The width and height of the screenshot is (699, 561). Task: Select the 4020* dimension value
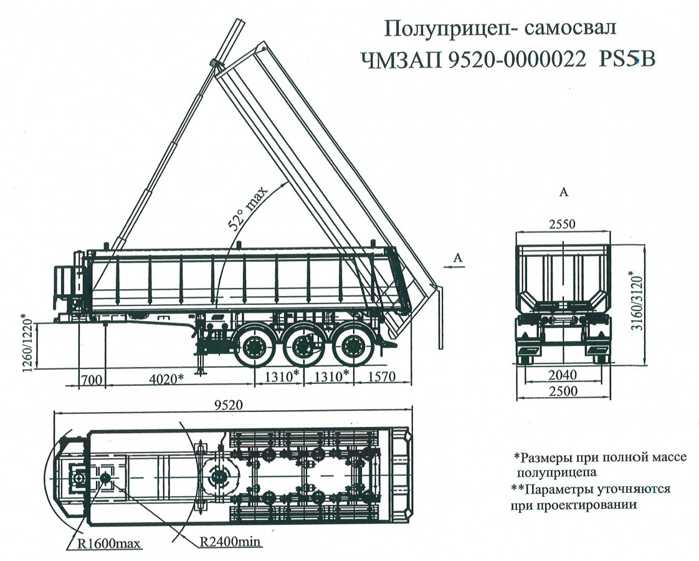[166, 378]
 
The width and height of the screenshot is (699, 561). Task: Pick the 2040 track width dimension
[562, 375]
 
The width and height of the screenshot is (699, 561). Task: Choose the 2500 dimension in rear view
[562, 391]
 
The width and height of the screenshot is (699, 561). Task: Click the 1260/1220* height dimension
[27, 341]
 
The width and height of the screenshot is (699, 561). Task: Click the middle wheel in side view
[304, 347]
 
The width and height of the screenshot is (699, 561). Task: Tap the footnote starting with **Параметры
[590, 497]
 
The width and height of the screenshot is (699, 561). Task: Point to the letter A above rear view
[563, 193]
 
